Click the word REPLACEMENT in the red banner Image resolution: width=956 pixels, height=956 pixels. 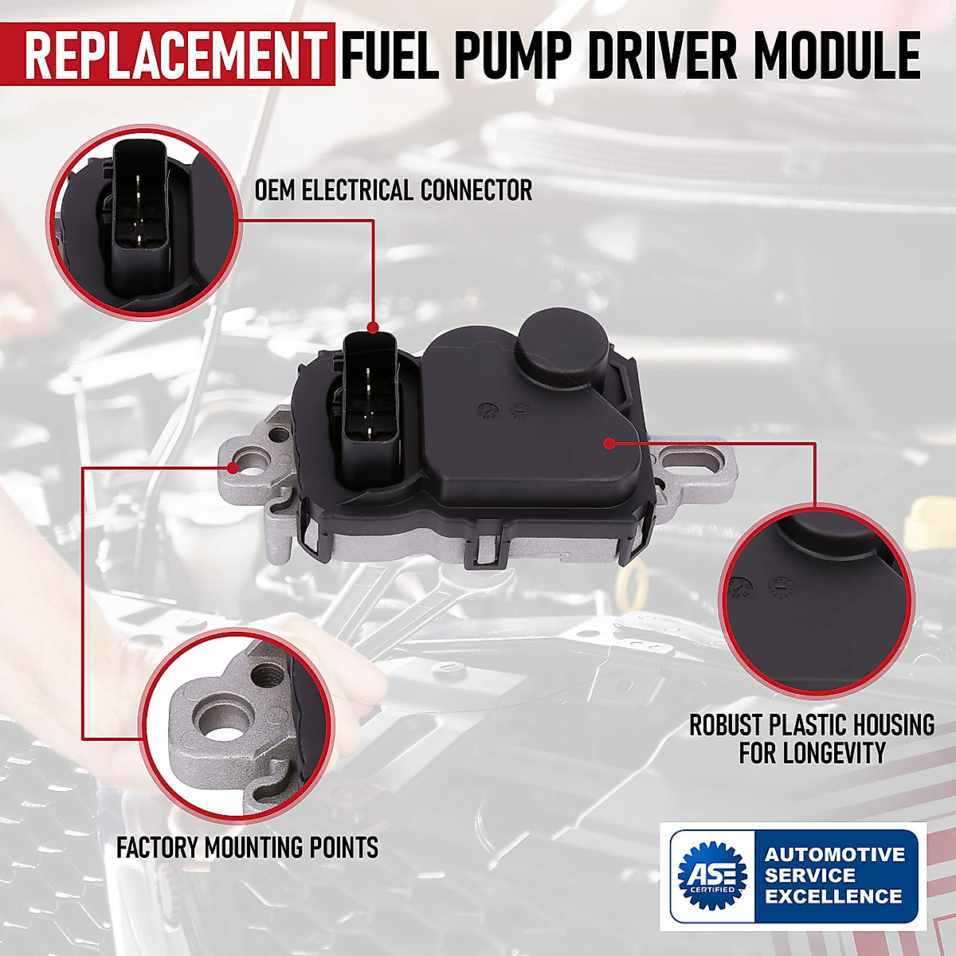[x=174, y=54]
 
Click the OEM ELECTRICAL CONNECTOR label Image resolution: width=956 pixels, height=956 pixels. [x=394, y=190]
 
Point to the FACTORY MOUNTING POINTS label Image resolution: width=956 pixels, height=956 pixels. [x=247, y=847]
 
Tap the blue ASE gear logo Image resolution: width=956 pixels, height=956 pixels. [x=711, y=876]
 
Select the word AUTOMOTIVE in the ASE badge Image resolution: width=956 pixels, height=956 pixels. [x=835, y=855]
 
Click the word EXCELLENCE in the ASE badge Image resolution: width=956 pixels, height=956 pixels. [x=833, y=896]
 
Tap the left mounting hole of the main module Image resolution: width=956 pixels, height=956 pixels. [x=256, y=460]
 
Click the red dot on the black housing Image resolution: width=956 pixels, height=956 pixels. [x=609, y=443]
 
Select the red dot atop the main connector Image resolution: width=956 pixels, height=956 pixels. [x=372, y=327]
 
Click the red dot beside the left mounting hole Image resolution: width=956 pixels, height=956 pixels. [x=233, y=465]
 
